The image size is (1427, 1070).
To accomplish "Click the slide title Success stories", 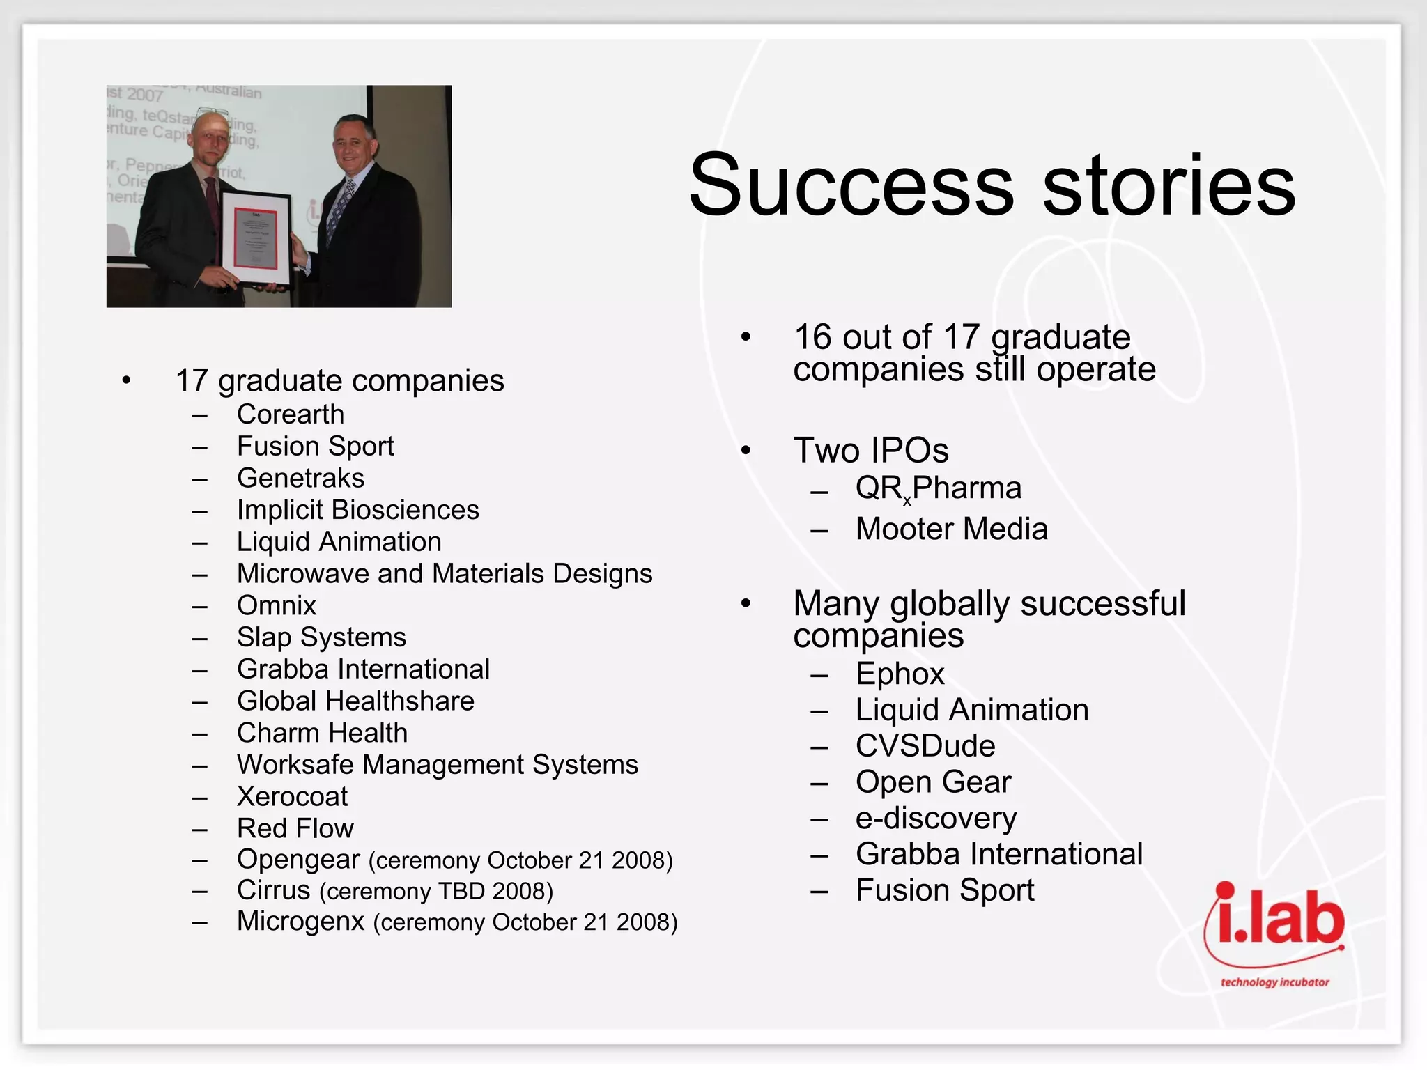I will [x=992, y=185].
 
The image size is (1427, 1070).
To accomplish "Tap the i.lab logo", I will [x=1274, y=930].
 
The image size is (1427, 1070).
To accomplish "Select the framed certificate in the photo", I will [x=256, y=239].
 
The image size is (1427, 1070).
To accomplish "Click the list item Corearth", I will [x=291, y=414].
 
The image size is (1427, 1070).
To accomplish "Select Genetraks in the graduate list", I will [x=300, y=478].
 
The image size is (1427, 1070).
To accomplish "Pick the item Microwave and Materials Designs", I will [x=445, y=573].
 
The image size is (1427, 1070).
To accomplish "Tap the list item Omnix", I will [x=277, y=605].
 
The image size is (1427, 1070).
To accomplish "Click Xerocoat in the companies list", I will [x=292, y=796].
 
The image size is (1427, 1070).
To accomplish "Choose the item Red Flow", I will [x=295, y=828].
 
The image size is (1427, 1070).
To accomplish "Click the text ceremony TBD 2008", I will [x=436, y=892].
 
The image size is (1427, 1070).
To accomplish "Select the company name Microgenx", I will [x=300, y=921].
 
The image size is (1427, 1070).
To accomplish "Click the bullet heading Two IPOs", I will [x=871, y=450].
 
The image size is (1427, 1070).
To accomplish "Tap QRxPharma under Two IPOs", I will [x=938, y=488].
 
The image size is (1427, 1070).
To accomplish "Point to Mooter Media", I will [x=951, y=529].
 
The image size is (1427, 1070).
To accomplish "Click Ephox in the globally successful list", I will [x=900, y=674].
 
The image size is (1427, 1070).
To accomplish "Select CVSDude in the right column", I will [x=925, y=746].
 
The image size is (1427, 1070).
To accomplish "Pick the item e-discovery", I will [x=936, y=819].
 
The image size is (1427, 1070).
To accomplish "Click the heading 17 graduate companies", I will [x=340, y=381].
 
